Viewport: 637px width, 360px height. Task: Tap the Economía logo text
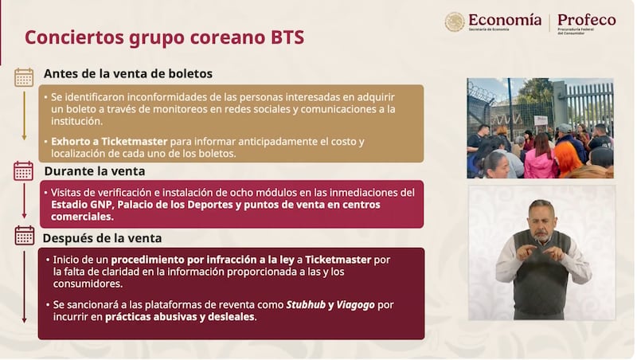click(x=504, y=20)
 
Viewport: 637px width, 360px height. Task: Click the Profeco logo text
click(x=585, y=20)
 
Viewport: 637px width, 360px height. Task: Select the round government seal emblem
click(x=455, y=22)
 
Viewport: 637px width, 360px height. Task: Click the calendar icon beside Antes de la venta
click(x=24, y=76)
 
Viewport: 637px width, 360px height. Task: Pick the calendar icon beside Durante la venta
click(x=24, y=170)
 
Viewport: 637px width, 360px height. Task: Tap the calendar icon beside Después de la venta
click(x=24, y=235)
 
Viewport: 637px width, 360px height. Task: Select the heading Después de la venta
click(x=103, y=237)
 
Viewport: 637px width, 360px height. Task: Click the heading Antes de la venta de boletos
click(x=127, y=73)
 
